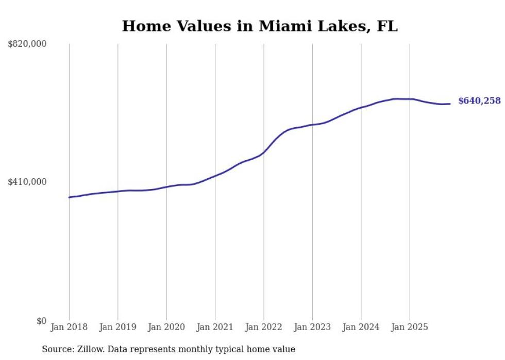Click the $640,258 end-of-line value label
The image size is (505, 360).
pos(479,101)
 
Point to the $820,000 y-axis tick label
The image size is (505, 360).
pos(27,44)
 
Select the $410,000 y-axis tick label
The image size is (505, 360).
pos(27,182)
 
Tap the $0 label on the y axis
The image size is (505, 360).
pos(41,321)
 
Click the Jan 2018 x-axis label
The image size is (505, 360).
pos(69,327)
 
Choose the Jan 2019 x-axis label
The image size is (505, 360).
pos(117,327)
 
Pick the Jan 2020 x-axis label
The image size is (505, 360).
pos(166,327)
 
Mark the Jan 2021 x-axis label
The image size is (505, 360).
pos(215,327)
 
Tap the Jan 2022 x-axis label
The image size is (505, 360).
pos(264,327)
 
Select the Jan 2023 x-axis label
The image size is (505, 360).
pos(312,327)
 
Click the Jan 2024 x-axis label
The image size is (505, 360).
pos(361,327)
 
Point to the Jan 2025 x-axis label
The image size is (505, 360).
pos(410,327)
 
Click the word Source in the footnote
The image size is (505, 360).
pos(56,349)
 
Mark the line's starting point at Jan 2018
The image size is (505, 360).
pos(69,197)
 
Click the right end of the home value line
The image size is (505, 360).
pos(450,104)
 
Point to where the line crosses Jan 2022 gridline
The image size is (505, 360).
pos(264,152)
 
